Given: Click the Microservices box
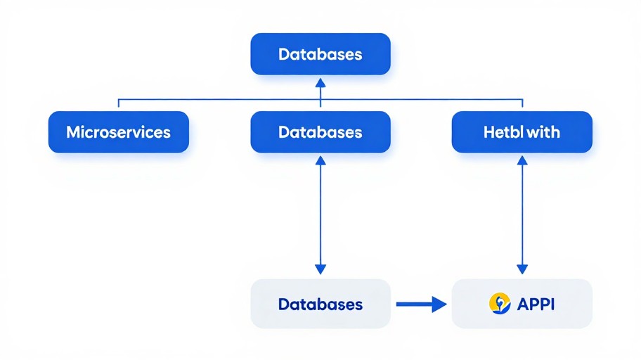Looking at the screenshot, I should (118, 132).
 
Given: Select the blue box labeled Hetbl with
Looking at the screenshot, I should (522, 132).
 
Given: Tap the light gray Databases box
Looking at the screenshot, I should (320, 304).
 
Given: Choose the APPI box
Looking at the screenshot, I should (522, 304).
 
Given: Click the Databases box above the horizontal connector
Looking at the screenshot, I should (320, 54).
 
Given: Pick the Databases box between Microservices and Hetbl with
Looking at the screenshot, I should (320, 132).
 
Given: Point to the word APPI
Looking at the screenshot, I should (536, 304).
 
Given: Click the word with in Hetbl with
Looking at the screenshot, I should (544, 132).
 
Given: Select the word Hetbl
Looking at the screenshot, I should (503, 132).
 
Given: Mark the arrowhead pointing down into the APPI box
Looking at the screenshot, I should (522, 269).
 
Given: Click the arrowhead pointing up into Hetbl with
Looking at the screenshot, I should (522, 161).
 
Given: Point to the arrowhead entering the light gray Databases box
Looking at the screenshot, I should (320, 269).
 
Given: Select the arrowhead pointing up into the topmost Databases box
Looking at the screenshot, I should (320, 82).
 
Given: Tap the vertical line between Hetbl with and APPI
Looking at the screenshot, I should (522, 214).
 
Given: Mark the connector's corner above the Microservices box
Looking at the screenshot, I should (118, 100).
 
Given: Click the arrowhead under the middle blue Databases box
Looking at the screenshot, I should (320, 161).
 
